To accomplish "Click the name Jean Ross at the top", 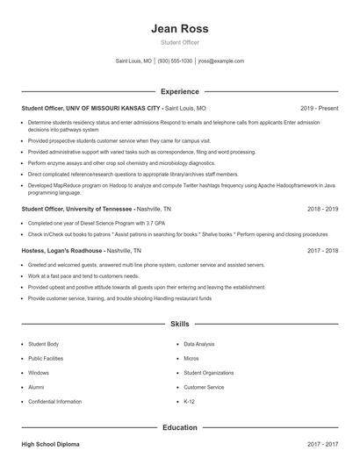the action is [x=179, y=27].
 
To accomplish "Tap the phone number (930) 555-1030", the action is [x=175, y=61].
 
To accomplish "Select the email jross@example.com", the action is [x=220, y=61].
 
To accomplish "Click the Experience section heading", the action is [x=179, y=91].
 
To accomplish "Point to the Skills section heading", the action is [x=179, y=324].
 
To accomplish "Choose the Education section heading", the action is [x=179, y=427].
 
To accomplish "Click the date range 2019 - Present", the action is [x=319, y=109].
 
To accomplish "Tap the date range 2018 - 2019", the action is [x=323, y=211].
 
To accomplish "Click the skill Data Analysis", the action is [x=198, y=345].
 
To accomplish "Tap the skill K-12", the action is [x=189, y=401].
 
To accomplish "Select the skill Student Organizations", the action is [x=210, y=373].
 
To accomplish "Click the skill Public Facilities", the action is [x=47, y=359].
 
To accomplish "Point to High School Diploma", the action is [x=50, y=446].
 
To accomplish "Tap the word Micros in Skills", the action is [x=191, y=359].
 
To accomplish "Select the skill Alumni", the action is [x=36, y=387].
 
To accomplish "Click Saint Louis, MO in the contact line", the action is [x=133, y=61].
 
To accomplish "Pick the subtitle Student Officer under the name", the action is [x=179, y=42].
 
